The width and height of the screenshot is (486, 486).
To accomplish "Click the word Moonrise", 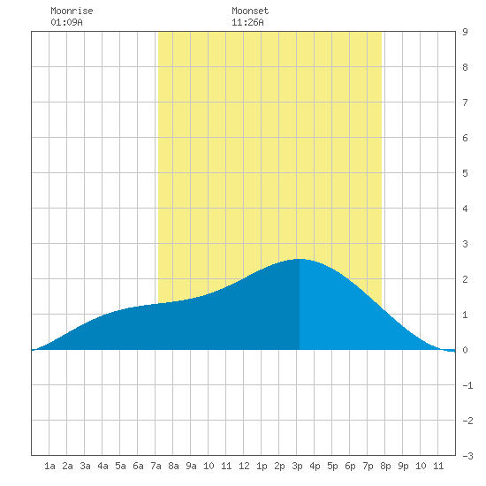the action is (72, 11).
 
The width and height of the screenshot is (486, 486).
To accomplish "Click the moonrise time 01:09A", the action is (66, 22).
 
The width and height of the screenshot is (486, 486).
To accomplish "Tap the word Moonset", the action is (250, 11).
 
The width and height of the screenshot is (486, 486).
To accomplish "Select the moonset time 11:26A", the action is (247, 22).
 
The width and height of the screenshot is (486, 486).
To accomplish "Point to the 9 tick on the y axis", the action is (465, 32).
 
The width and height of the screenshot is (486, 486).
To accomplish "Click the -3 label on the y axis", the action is (467, 456).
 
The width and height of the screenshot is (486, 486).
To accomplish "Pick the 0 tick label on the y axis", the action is (465, 350).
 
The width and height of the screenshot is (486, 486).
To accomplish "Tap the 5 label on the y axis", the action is (465, 173).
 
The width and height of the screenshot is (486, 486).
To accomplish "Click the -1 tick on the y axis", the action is (467, 385).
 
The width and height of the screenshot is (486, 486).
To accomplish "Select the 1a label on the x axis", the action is (49, 466).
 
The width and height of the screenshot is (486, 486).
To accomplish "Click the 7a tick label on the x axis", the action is (156, 466).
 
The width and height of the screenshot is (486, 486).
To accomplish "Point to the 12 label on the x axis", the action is (244, 466).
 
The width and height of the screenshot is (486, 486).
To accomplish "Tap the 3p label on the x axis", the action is (297, 466).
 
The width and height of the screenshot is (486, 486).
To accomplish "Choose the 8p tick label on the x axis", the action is (385, 466).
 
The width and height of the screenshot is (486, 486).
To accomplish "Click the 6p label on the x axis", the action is (350, 466).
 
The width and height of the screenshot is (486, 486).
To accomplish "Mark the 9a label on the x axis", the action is (191, 466).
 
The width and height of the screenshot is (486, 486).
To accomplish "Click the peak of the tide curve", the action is (299, 259).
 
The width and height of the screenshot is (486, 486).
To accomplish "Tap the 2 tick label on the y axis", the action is (465, 279).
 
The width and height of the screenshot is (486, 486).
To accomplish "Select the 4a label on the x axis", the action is (103, 466).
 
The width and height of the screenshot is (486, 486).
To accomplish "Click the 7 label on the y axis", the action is (465, 103).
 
